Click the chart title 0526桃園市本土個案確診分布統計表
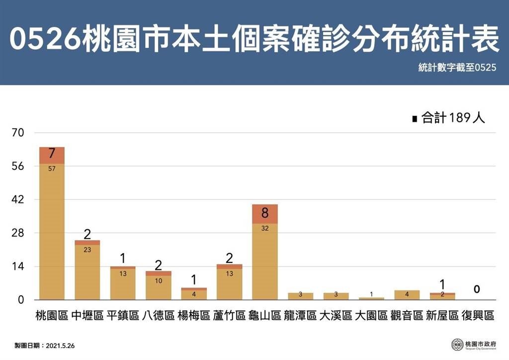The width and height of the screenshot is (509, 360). pyautogui.click(x=254, y=40)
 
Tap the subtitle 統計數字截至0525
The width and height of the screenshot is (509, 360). pyautogui.click(x=457, y=69)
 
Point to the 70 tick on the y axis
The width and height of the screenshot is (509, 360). pyautogui.click(x=18, y=133)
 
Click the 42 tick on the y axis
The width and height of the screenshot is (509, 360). pyautogui.click(x=18, y=200)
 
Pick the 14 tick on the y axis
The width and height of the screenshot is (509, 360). pyautogui.click(x=18, y=267)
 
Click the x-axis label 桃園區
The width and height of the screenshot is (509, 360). pyautogui.click(x=52, y=315)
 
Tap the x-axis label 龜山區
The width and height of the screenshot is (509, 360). pyautogui.click(x=264, y=315)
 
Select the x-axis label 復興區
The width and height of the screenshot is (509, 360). pyautogui.click(x=478, y=315)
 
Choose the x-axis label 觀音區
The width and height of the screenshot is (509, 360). pyautogui.click(x=407, y=315)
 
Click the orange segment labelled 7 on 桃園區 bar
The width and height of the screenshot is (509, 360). pyautogui.click(x=52, y=155)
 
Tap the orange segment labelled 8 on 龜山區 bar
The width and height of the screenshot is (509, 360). pyautogui.click(x=264, y=214)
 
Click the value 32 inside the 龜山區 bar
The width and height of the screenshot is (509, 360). pyautogui.click(x=264, y=229)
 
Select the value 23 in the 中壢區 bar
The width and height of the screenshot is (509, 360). pyautogui.click(x=87, y=250)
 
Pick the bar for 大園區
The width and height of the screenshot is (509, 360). pyautogui.click(x=371, y=298)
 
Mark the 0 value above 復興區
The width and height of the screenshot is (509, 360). pyautogui.click(x=477, y=289)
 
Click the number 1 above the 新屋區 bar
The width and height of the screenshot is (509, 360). pyautogui.click(x=442, y=285)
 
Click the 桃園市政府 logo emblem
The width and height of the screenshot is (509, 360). pyautogui.click(x=457, y=344)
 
